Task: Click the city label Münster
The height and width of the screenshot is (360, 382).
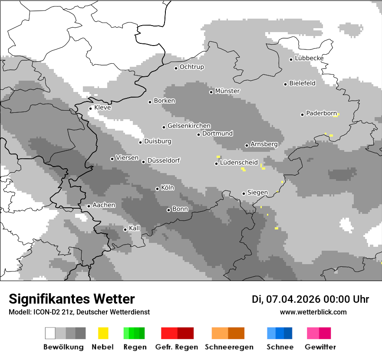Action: click(227, 91)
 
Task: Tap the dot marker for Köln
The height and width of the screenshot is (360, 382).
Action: click(158, 189)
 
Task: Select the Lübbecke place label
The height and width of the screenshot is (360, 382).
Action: click(309, 58)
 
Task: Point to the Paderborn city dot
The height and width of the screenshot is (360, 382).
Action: click(303, 115)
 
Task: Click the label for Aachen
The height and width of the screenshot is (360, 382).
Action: click(104, 205)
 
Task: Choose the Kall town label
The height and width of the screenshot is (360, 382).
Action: click(135, 228)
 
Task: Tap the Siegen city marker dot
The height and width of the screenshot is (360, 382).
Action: click(244, 193)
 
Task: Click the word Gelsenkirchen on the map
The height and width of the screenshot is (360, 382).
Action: click(189, 126)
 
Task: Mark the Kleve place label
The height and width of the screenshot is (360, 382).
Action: click(102, 108)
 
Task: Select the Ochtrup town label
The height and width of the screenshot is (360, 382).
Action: click(191, 67)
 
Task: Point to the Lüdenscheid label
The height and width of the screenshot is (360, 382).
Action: click(239, 163)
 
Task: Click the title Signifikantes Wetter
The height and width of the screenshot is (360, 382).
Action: click(72, 299)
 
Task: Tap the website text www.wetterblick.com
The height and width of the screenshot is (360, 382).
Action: click(313, 312)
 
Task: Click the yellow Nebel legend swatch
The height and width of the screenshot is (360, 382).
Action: click(103, 333)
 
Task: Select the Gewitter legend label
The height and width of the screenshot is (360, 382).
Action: click(320, 347)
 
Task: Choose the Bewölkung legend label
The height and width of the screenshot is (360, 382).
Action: click(63, 347)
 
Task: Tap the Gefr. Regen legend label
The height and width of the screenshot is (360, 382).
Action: click(176, 347)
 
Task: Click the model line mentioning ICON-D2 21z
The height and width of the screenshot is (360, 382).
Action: click(79, 312)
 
